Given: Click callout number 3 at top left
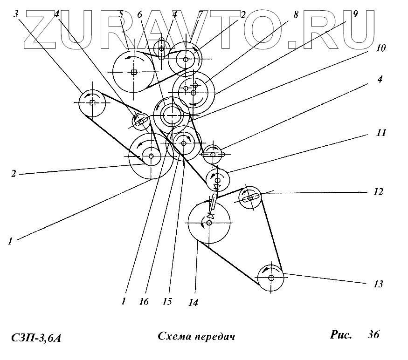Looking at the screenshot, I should point(17,14).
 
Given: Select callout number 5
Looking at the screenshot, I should point(121,14).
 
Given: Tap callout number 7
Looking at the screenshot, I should point(200,14).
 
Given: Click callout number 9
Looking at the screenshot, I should point(356,14).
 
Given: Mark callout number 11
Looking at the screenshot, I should point(381,133).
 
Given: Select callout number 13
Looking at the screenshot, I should point(379,284).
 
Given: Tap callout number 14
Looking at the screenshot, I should point(193,303).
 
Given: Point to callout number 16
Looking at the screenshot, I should point(144,302).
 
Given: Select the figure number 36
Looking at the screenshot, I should point(373,334).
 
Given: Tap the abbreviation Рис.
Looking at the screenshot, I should point(341,334).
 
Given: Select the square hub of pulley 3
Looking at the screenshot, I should point(92,103).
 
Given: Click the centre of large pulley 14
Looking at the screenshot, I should point(209,223).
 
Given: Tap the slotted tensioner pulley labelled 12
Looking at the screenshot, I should point(250,198).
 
